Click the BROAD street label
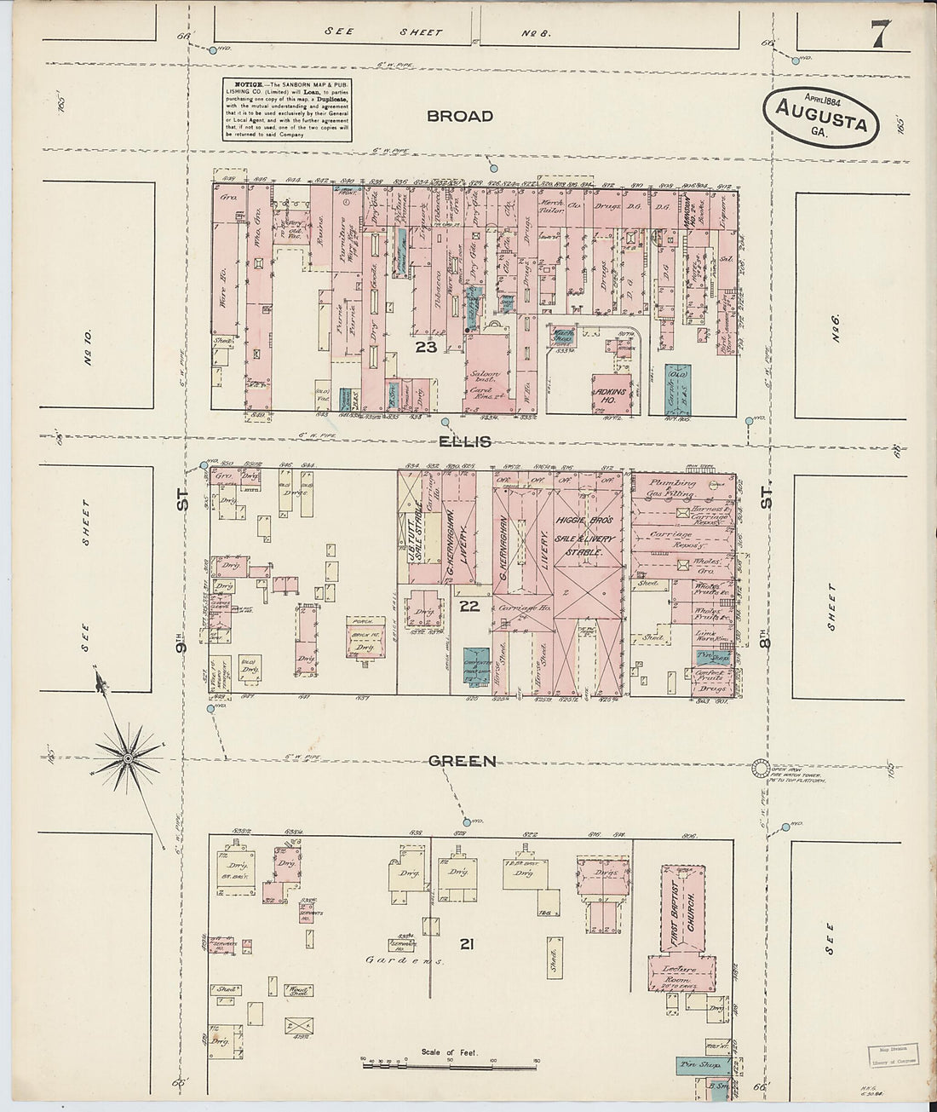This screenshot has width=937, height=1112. click(461, 116)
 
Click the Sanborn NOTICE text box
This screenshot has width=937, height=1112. click(281, 111)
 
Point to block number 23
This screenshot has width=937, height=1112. click(426, 348)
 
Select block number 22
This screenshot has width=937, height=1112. click(469, 606)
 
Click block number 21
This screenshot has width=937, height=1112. click(465, 943)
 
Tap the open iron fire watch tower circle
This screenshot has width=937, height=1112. click(759, 768)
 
